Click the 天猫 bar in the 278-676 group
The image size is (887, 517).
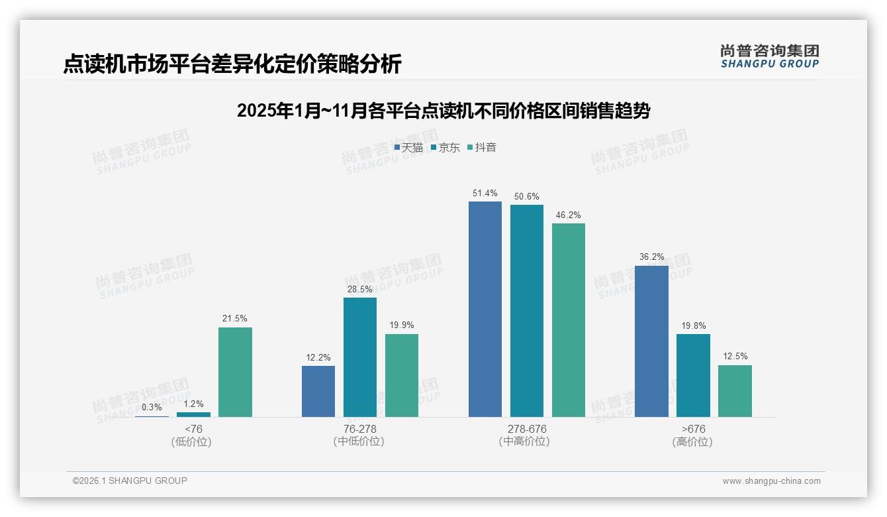tap(485, 309)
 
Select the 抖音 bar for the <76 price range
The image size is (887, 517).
tap(235, 372)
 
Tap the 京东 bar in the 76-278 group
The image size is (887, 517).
tap(360, 357)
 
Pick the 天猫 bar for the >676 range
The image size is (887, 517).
tap(651, 341)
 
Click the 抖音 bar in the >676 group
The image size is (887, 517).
tap(735, 391)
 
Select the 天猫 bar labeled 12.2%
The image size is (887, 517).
tap(318, 391)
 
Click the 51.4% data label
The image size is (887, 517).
tap(485, 194)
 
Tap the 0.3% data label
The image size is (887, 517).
tap(152, 407)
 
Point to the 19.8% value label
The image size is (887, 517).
tap(693, 325)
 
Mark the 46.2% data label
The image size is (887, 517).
tap(569, 215)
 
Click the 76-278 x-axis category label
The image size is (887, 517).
tap(359, 429)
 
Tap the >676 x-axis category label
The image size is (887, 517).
tap(692, 429)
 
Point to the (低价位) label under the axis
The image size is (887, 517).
tap(193, 441)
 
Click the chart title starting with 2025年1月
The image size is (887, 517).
tap(443, 111)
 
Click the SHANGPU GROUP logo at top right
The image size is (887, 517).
tap(769, 56)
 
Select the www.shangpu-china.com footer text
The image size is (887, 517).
tap(771, 481)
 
